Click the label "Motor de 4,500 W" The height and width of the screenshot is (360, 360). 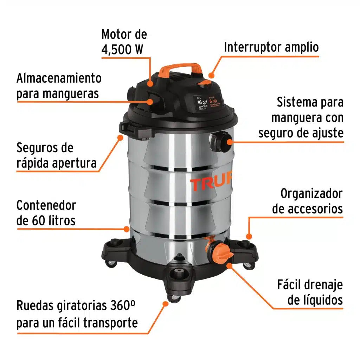[124, 41]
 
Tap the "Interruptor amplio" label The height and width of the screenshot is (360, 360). [271, 47]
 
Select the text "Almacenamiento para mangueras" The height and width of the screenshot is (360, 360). [59, 85]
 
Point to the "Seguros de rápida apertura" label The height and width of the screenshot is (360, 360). [56, 155]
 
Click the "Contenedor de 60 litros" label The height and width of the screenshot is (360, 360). [46, 213]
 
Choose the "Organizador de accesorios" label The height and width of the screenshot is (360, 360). [307, 201]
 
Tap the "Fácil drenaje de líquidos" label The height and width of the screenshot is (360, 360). [310, 292]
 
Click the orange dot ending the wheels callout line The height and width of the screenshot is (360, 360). [165, 303]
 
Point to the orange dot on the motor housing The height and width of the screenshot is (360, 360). [150, 84]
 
